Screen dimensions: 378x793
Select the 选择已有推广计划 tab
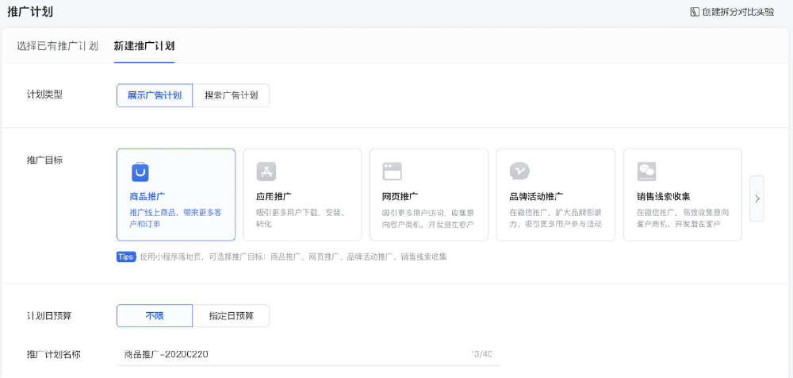[x=57, y=45]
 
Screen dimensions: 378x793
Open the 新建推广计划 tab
[x=144, y=45]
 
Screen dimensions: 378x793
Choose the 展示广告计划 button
[x=155, y=95]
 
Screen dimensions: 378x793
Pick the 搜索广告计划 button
[x=231, y=95]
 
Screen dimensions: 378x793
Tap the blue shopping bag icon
[x=140, y=172]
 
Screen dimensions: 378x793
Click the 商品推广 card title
[x=147, y=196]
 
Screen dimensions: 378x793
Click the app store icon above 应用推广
[x=266, y=172]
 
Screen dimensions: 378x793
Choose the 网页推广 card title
[x=400, y=196]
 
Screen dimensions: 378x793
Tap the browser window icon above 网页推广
[x=393, y=172]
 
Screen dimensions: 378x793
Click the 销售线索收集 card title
[x=663, y=196]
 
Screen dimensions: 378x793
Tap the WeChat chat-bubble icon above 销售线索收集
[x=646, y=172]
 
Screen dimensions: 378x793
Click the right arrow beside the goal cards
[x=757, y=199]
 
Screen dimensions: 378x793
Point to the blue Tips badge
[x=125, y=256]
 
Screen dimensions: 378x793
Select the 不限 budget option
[x=155, y=315]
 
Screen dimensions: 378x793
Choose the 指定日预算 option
[x=231, y=315]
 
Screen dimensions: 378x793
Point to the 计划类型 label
[x=44, y=94]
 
